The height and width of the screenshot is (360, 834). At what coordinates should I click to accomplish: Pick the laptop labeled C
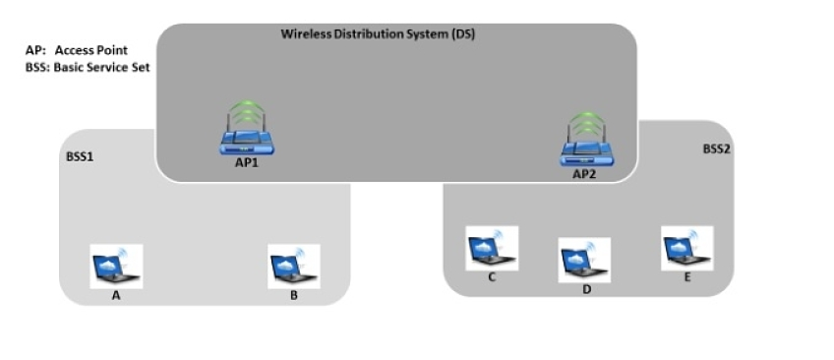pos(492,248)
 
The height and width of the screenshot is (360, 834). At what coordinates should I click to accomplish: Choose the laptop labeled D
pos(584,260)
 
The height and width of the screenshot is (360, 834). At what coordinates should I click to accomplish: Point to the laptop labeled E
pos(686,248)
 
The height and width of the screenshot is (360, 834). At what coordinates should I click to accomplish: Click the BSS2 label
pos(716,150)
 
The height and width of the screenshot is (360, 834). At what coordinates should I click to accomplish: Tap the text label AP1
pos(246,163)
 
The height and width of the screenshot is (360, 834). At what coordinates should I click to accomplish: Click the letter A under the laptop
pos(116,295)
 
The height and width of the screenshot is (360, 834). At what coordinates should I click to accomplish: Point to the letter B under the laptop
pos(294,295)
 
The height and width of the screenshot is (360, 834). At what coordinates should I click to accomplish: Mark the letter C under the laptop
pos(492,277)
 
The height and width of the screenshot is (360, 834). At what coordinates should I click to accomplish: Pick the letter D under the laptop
pos(584,289)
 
